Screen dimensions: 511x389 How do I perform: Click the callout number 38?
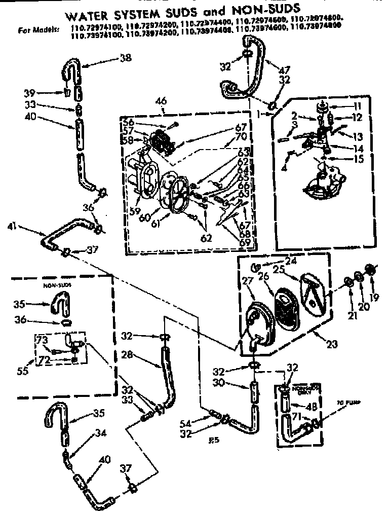[x=125, y=58]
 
